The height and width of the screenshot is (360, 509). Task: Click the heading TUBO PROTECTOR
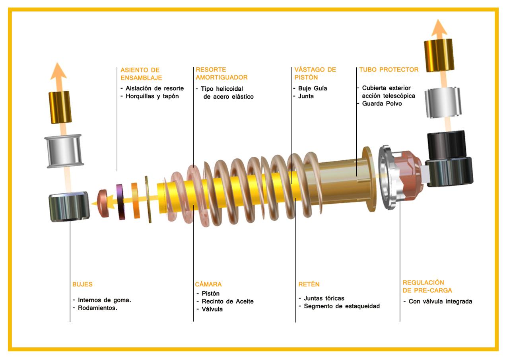pos(389,70)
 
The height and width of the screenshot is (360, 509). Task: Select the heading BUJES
pos(82,284)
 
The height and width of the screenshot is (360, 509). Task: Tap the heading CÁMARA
pos(208,284)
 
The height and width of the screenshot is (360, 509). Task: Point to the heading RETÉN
pos(309,284)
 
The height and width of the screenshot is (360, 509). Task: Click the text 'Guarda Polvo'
pos(382,104)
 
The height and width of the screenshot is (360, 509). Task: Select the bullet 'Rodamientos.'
pos(97,308)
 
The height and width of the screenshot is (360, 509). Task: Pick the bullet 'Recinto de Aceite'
pos(228,302)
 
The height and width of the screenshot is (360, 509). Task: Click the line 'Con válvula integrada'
pos(440,302)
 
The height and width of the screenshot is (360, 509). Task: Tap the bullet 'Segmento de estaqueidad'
pos(342,306)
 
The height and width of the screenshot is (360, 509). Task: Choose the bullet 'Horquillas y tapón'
pos(152,96)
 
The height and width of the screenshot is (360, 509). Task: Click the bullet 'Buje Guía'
pos(313,88)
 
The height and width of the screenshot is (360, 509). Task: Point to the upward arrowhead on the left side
pos(58,71)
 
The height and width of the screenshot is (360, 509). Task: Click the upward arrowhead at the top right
pos(439,27)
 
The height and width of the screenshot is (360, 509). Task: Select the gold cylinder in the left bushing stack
pos(60,107)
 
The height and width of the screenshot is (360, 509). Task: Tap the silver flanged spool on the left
pos(64,151)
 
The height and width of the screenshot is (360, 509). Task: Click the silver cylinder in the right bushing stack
pos(443,102)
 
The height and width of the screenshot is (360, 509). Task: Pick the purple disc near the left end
pos(120,202)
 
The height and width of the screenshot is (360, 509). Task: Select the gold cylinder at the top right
pos(439,55)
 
